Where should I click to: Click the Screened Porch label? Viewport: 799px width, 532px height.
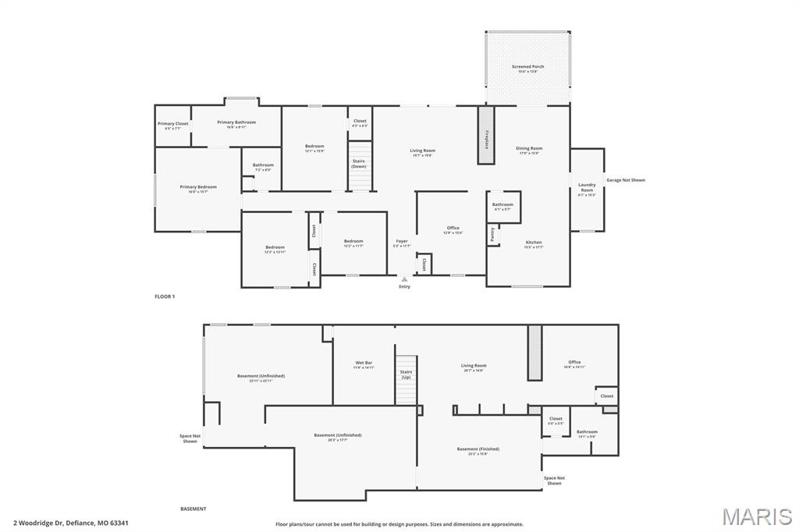point(528,68)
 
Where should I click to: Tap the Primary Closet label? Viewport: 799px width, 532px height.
point(172,125)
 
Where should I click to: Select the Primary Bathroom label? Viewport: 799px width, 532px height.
point(236,123)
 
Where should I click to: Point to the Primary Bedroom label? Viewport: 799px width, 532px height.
point(198,188)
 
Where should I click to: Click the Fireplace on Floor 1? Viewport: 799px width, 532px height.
point(486,135)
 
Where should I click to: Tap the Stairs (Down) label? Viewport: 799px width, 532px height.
point(358,163)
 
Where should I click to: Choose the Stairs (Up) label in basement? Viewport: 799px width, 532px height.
point(406,374)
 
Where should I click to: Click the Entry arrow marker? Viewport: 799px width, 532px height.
point(404,278)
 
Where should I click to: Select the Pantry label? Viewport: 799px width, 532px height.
point(492,232)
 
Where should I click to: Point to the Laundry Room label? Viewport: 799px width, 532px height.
point(587,189)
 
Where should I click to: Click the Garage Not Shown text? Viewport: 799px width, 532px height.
point(626,180)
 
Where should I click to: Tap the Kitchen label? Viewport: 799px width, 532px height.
point(534,243)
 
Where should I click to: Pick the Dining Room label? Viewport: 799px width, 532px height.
point(529,149)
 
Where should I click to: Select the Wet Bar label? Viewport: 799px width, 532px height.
point(364,364)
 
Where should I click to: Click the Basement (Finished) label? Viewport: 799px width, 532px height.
point(478,450)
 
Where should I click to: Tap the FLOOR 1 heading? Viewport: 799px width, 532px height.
point(165,296)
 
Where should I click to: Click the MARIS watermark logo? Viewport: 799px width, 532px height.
point(757,516)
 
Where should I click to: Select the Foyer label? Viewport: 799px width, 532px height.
point(401,243)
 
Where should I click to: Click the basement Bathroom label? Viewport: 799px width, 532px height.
point(587,433)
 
